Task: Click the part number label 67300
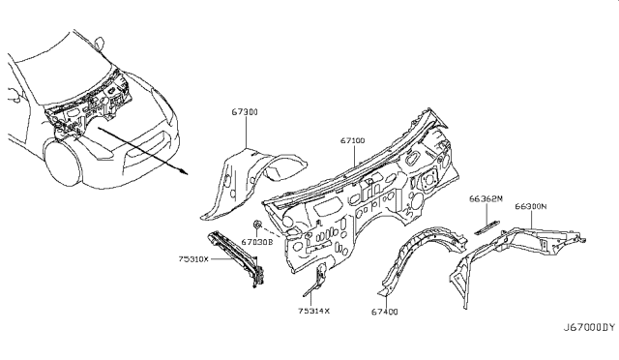point(245,113)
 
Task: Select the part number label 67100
point(351,141)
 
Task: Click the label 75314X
point(314,312)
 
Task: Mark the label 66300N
point(531,205)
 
